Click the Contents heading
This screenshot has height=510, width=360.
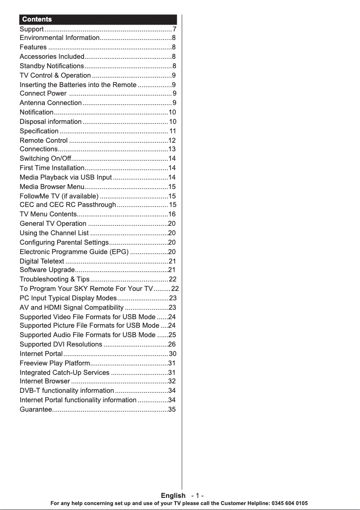(x=37, y=19)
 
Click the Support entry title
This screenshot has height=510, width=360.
(x=31, y=29)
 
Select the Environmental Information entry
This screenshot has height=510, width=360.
(x=59, y=38)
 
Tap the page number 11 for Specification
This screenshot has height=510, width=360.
(x=172, y=132)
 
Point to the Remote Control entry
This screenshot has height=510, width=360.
(x=44, y=141)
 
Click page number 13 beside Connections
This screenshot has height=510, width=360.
(x=171, y=149)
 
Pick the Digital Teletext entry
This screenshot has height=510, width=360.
(x=42, y=261)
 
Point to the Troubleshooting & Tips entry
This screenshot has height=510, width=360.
(x=54, y=280)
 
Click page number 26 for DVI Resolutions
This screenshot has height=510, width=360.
(x=171, y=345)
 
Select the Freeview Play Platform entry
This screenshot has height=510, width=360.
(x=55, y=363)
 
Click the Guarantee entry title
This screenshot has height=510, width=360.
(x=35, y=409)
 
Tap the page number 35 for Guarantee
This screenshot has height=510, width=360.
(x=171, y=409)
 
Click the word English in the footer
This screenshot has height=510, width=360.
(x=173, y=496)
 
